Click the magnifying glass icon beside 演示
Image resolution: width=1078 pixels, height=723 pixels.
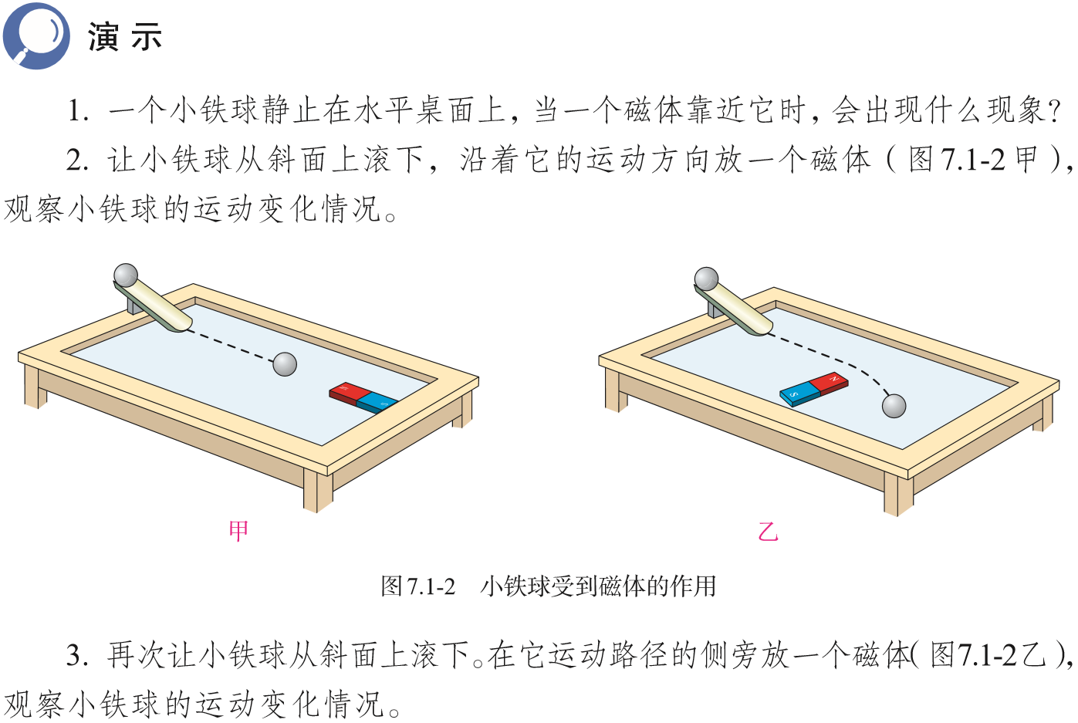coord(35,35)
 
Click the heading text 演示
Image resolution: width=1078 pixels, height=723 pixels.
coord(124,37)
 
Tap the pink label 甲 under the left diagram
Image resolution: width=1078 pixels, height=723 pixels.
coord(238,530)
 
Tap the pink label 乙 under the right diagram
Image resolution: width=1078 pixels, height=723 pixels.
coord(768,532)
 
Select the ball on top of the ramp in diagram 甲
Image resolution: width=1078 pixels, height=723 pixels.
coord(126,275)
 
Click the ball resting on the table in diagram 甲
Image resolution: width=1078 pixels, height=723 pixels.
coord(285,364)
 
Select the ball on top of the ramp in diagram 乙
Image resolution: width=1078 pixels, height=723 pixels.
coord(706,279)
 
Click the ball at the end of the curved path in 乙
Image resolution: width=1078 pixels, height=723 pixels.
coord(894,406)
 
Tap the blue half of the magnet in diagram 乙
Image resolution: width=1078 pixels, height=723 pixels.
coord(798,395)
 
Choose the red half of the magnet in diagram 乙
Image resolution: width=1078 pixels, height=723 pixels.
coord(830,383)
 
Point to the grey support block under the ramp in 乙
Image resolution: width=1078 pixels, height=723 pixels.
coord(715,309)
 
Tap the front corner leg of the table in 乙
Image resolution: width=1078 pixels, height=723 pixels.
coord(898,494)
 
